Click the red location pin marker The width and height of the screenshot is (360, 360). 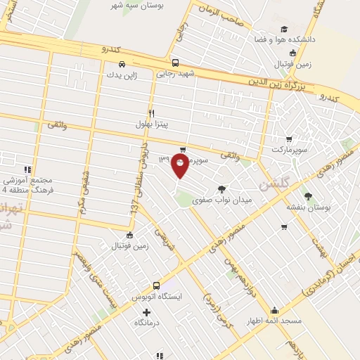180,166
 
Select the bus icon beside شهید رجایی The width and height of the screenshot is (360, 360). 175,61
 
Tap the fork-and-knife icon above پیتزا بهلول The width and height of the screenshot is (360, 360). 150,112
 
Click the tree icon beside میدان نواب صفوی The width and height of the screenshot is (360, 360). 223,188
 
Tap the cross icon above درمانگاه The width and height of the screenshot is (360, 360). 146,312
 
